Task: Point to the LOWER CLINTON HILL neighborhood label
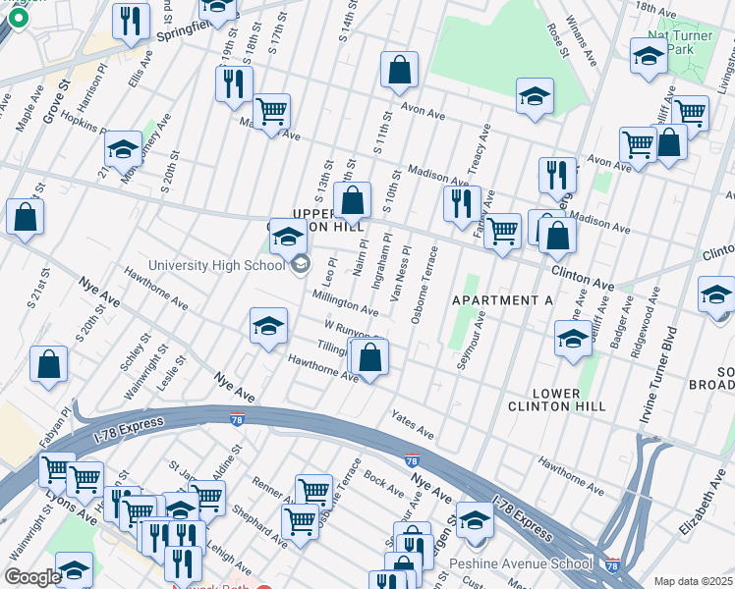pos(557,400)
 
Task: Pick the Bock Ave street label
pos(383,482)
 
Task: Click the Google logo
pos(31,577)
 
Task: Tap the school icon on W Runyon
pos(268,328)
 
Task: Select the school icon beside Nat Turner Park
pos(649,56)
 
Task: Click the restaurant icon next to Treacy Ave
pos(461,204)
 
